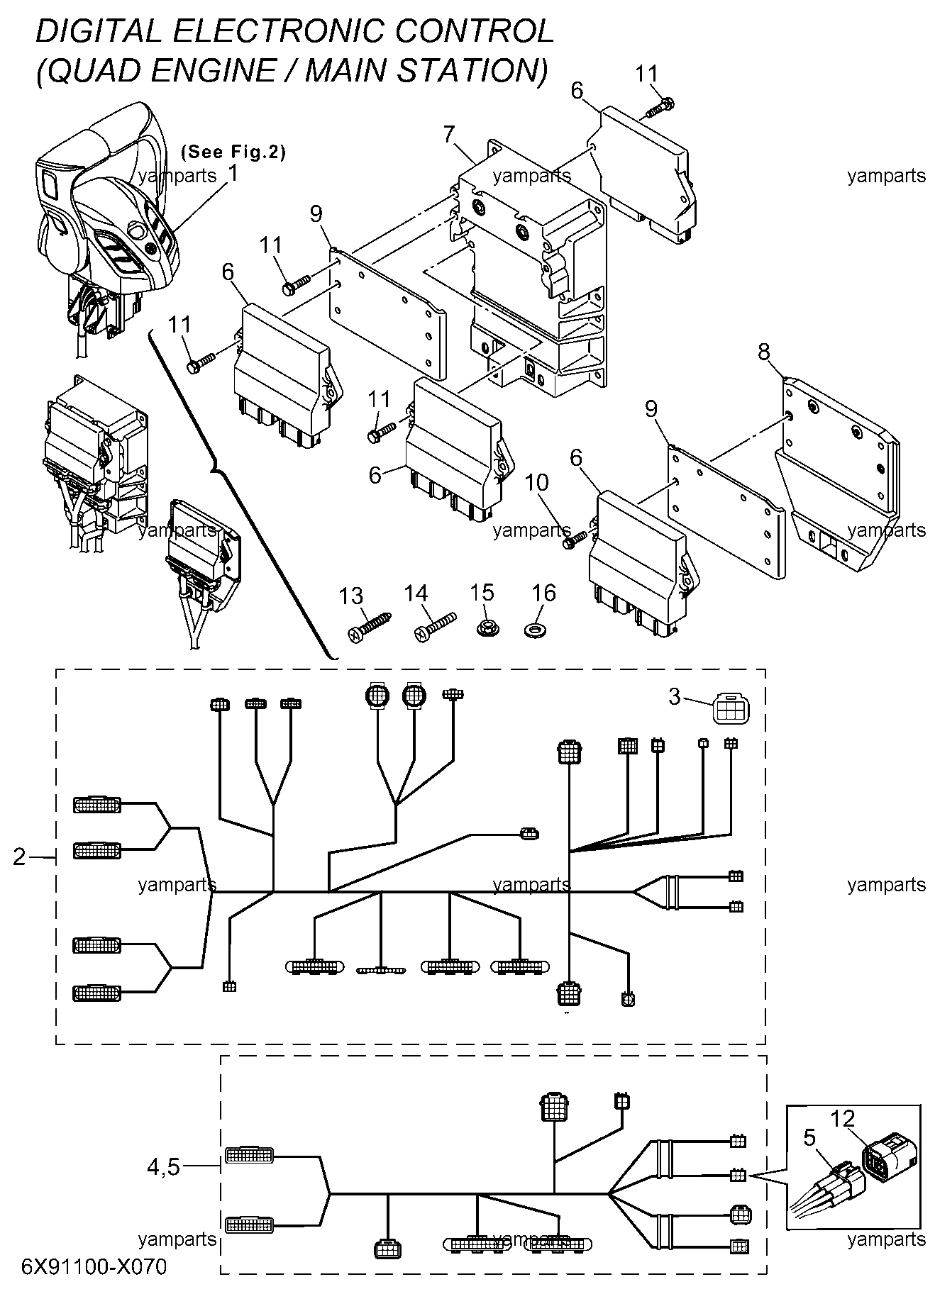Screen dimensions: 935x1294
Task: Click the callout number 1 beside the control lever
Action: pyautogui.click(x=233, y=173)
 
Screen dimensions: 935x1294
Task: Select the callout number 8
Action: pyautogui.click(x=764, y=352)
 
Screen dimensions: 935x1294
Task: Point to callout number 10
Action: pyautogui.click(x=536, y=483)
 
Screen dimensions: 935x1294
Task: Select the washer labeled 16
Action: pyautogui.click(x=533, y=628)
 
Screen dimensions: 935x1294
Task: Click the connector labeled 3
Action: pyautogui.click(x=731, y=708)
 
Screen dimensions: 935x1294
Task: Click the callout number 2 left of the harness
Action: pyautogui.click(x=20, y=857)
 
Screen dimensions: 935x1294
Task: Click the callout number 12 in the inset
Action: pyautogui.click(x=843, y=1118)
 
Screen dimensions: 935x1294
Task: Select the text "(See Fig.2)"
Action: pyautogui.click(x=233, y=152)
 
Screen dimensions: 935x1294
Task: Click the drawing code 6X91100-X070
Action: pyautogui.click(x=94, y=1266)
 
